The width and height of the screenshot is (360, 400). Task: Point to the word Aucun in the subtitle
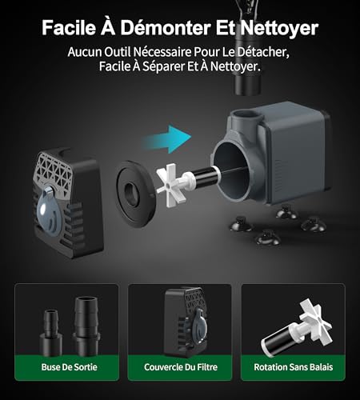click(x=86, y=51)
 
